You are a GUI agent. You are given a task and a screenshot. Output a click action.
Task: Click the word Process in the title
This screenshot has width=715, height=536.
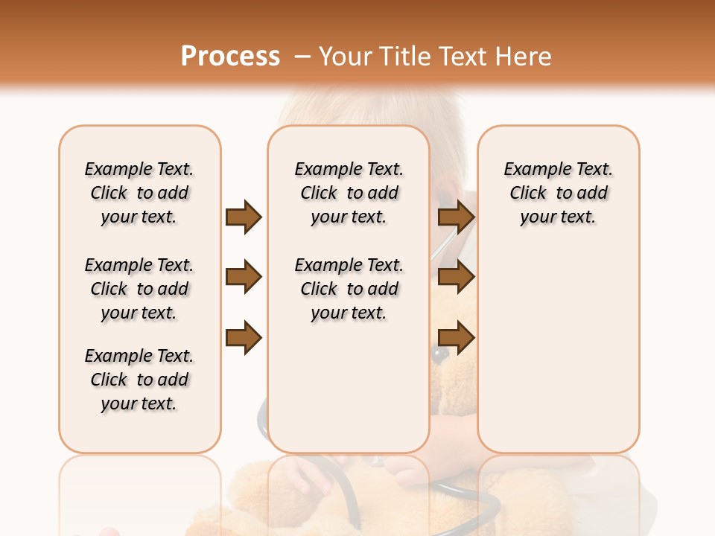point(230,57)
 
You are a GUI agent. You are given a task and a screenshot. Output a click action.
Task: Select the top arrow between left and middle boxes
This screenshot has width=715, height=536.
point(244,217)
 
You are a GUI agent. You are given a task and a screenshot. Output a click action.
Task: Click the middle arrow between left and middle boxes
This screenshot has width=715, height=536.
point(244,278)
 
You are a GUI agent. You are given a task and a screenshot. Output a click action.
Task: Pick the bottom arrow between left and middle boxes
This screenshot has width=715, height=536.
point(244,336)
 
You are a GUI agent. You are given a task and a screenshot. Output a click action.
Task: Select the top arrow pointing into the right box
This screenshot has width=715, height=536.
point(456,217)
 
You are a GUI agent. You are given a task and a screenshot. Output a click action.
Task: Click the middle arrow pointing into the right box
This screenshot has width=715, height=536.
point(456,278)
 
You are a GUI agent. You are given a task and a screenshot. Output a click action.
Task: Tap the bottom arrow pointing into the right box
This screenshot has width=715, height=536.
point(456,336)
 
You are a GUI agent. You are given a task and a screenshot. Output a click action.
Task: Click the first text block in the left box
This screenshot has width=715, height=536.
point(139,193)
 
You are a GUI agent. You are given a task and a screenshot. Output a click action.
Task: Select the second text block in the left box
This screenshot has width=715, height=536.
point(139,289)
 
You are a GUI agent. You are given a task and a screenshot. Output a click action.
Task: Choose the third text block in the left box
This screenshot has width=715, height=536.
point(139,380)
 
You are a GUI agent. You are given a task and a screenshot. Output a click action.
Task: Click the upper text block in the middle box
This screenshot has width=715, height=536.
point(349,193)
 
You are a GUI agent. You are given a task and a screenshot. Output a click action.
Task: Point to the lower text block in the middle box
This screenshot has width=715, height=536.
point(349,289)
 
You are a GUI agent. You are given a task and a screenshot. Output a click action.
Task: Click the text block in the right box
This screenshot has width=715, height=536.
point(558,193)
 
